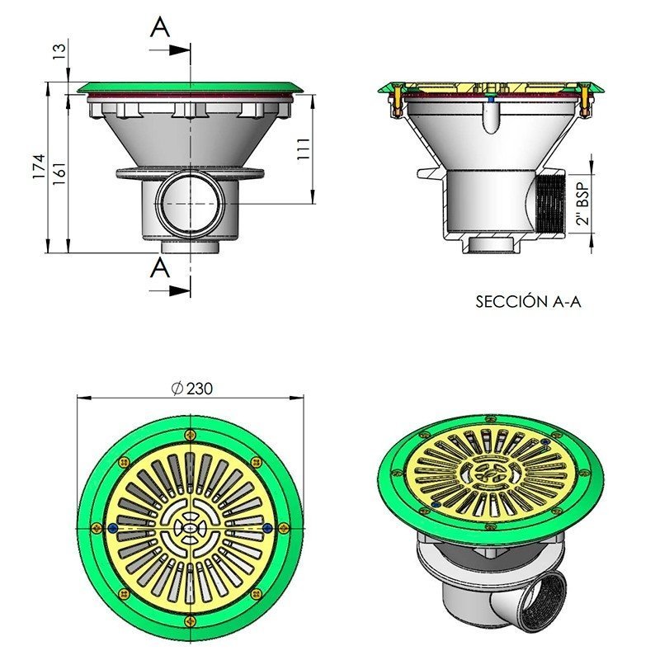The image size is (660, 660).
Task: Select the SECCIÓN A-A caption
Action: [528, 302]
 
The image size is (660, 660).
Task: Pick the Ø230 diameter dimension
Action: [190, 389]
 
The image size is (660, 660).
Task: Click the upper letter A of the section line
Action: [160, 27]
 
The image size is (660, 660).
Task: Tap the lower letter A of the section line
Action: [160, 267]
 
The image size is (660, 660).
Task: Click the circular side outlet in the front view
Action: [190, 202]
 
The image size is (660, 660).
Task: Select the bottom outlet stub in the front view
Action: [190, 246]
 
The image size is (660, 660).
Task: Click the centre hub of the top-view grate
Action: [190, 527]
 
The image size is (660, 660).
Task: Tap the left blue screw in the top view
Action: [113, 527]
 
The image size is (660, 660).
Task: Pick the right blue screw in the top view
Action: [266, 527]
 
